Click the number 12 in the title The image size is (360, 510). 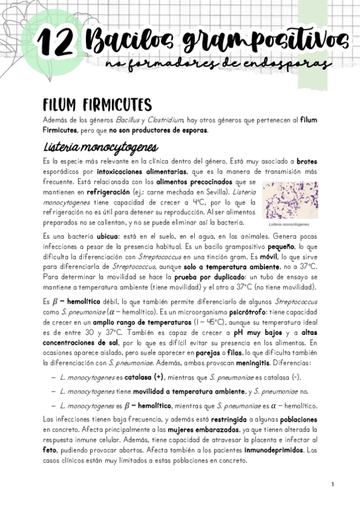pos(55,44)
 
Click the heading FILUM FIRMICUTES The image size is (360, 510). pos(94,104)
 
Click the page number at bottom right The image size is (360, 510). pos(332,484)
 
